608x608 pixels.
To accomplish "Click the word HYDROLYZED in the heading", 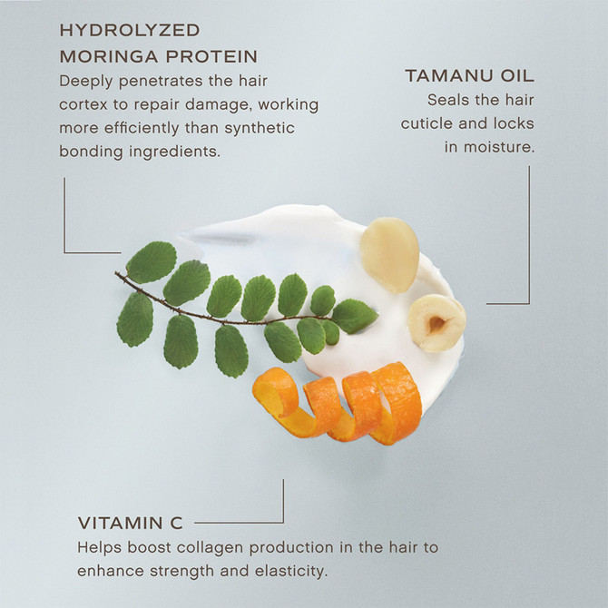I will [x=130, y=31].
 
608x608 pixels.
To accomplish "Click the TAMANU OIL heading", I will [x=469, y=76].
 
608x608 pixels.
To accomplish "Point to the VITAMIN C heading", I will [x=130, y=523].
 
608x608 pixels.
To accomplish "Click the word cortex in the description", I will [x=85, y=103].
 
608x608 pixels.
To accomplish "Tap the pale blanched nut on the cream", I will [x=390, y=253].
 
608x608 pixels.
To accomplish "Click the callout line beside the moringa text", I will [x=65, y=218].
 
